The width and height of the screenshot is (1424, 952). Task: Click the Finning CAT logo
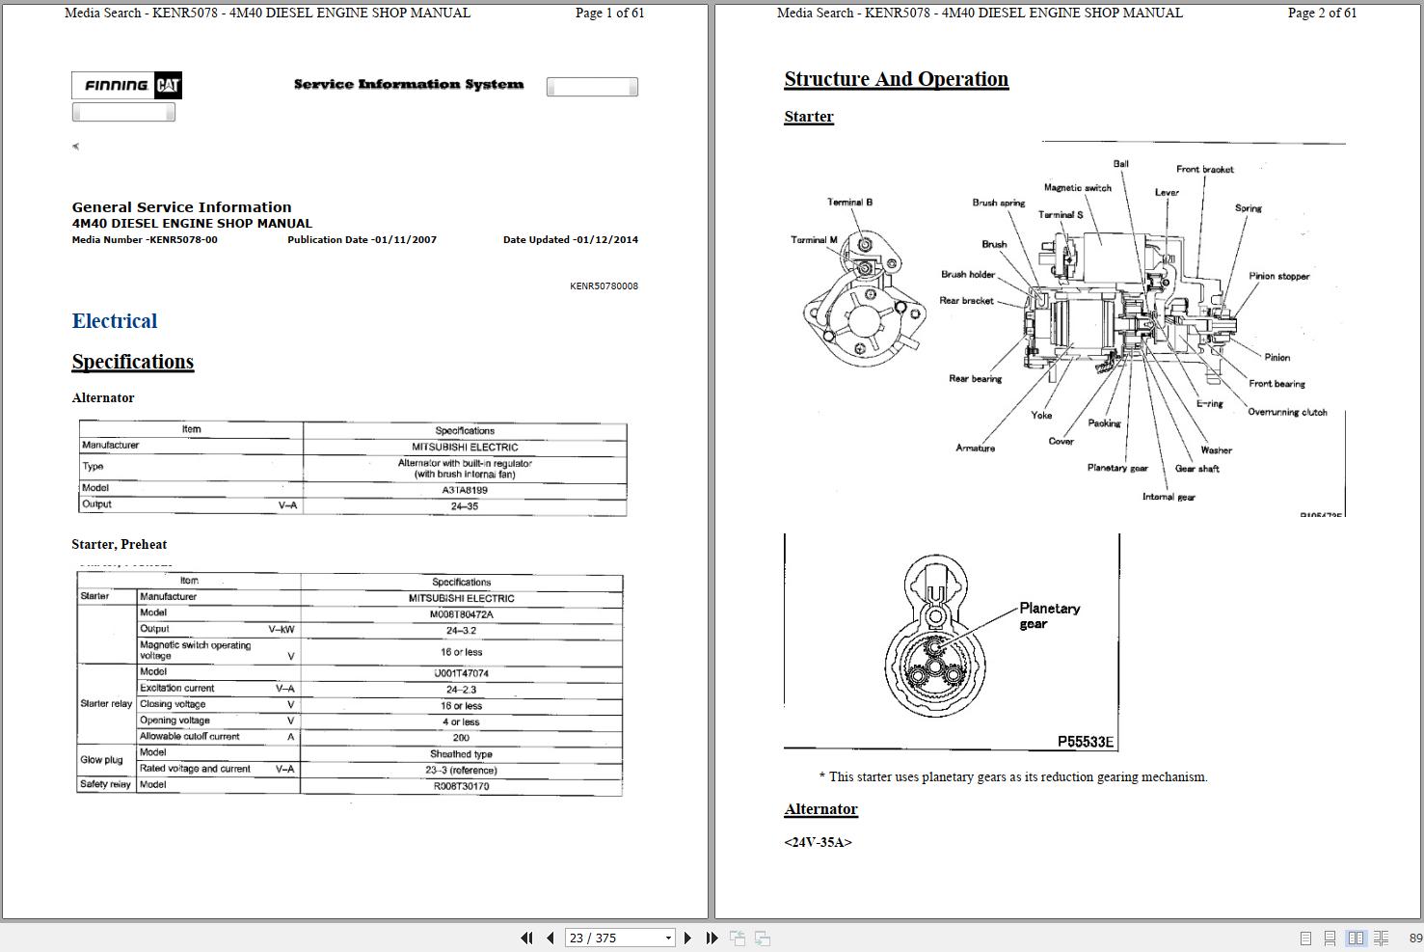126,86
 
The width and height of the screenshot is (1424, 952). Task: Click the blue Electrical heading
115,321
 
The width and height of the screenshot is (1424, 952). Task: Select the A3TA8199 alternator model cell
464,490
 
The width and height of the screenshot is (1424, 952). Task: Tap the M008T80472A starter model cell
461,614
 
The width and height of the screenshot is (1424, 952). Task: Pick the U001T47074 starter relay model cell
461,673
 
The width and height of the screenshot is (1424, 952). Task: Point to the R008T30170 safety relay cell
461,786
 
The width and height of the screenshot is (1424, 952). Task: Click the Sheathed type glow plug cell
461,754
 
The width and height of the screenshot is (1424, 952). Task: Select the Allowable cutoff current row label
190,737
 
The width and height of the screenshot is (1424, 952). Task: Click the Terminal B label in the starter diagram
849,203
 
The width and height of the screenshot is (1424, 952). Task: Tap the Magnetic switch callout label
1077,188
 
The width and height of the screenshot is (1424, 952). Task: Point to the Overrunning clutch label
1287,412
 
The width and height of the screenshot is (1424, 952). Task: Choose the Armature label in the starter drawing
975,449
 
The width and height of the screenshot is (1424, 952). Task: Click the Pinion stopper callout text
1278,276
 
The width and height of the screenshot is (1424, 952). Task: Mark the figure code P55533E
1085,742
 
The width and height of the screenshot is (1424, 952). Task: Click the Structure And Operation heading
896,79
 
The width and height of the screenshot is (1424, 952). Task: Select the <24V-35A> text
818,842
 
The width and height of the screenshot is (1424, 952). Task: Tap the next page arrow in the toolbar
687,938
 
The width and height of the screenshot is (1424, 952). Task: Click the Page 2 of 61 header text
1322,14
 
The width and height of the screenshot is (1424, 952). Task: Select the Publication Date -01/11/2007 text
362,240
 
